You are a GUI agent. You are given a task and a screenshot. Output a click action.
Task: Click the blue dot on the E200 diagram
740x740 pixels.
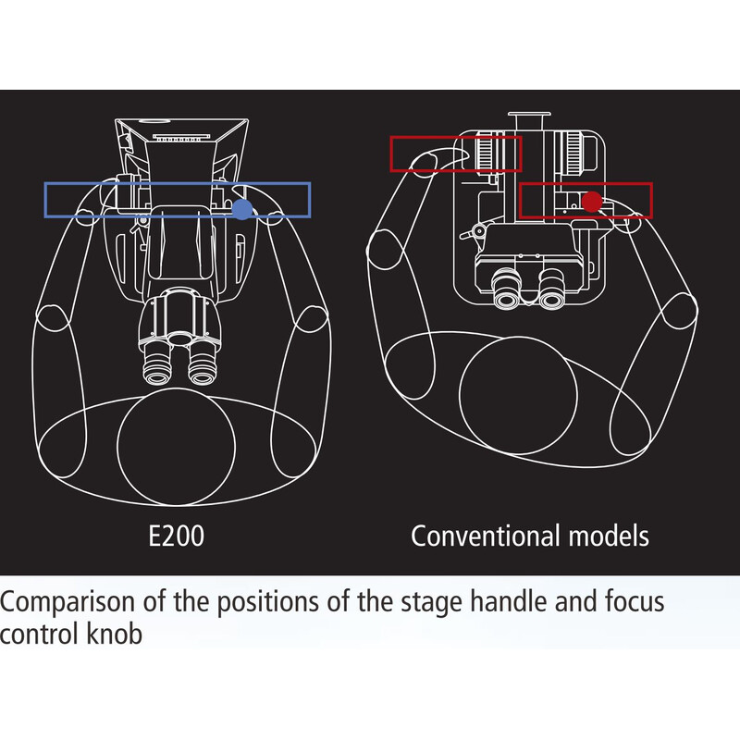(x=242, y=209)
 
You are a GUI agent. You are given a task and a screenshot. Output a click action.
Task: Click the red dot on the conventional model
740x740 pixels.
(x=592, y=202)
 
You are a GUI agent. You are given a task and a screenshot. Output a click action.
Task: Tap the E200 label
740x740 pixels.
(x=176, y=536)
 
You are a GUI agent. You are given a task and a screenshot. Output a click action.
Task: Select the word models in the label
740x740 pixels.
(x=609, y=536)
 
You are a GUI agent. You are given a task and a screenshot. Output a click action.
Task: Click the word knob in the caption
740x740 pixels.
(x=115, y=634)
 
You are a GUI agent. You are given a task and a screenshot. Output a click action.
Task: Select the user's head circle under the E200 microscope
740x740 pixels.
(x=176, y=447)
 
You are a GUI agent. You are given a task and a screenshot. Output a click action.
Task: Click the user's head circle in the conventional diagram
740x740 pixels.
(x=518, y=396)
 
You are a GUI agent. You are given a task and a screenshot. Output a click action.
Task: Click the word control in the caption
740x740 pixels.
(x=40, y=634)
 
